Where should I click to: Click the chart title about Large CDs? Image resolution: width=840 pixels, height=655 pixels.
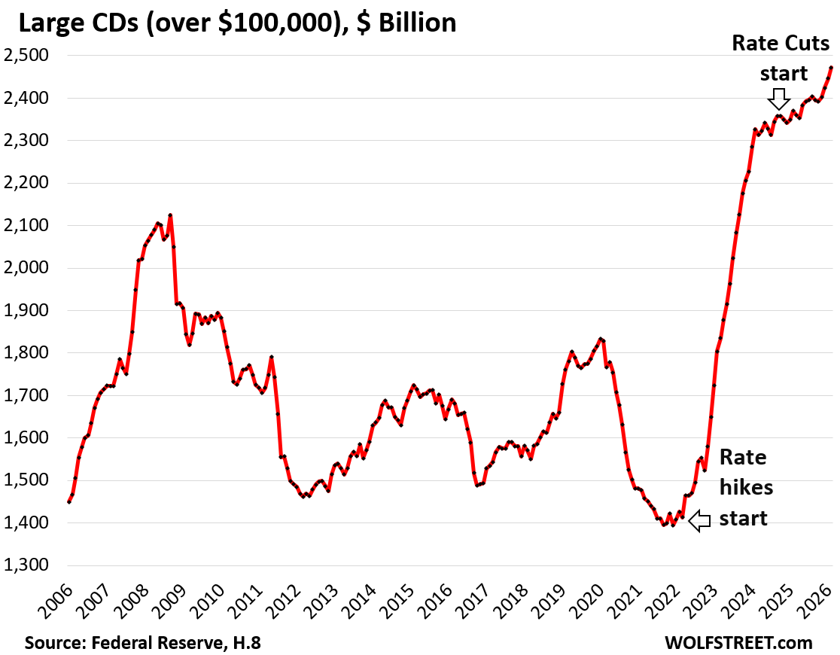[237, 23]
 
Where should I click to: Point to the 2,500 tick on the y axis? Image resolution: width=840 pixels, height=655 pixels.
[28, 56]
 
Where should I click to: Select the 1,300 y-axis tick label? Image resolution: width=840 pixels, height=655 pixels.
[28, 565]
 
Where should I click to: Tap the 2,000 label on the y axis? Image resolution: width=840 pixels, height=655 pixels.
[28, 268]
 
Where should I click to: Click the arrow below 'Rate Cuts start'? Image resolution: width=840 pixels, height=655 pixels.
[779, 99]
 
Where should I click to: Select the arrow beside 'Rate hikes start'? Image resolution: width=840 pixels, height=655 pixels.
[700, 520]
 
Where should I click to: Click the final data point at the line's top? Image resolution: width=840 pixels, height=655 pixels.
[830, 68]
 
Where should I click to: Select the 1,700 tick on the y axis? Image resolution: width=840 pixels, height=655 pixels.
[28, 395]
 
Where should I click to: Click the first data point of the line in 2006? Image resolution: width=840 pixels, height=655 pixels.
[69, 501]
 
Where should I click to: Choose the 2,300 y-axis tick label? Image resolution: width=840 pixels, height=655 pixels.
[28, 141]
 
